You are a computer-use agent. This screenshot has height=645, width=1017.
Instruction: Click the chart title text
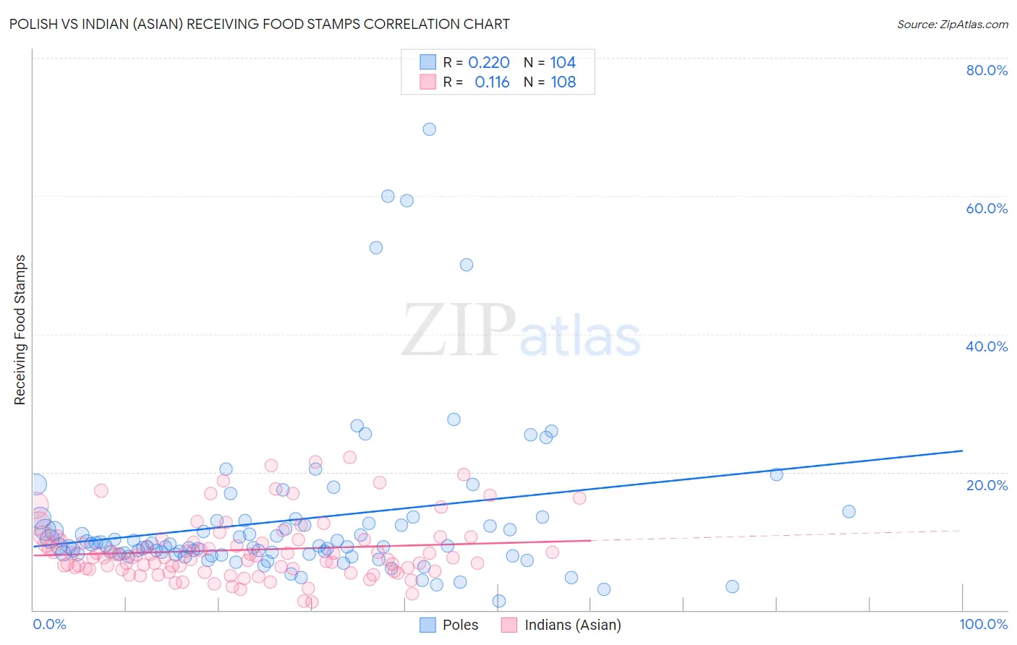point(259,24)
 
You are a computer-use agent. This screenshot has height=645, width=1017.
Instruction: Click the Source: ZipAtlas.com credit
point(952,24)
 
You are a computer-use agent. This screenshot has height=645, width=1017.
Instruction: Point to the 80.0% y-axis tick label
point(987,70)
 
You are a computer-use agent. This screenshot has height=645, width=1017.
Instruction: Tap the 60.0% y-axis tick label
point(987,208)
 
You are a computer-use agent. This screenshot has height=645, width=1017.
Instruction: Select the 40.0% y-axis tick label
point(987,346)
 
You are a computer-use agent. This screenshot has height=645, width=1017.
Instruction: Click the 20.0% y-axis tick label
point(987,484)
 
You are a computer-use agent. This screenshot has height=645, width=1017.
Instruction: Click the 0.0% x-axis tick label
point(49,624)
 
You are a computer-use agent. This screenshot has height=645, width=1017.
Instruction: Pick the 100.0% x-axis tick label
point(983,624)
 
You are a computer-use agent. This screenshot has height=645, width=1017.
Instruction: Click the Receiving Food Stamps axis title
point(20,330)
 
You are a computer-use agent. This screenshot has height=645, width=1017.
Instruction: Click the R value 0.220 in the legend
point(489,63)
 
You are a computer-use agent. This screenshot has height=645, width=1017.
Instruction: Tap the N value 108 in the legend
point(563,82)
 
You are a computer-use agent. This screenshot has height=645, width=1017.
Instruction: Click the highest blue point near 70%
point(429,129)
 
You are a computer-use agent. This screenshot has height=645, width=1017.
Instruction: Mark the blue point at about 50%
point(467,265)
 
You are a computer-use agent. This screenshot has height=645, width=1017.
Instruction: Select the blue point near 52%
point(376,247)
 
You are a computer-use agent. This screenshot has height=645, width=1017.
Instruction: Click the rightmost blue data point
point(849,511)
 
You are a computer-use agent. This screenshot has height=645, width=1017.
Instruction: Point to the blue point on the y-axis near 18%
point(36,484)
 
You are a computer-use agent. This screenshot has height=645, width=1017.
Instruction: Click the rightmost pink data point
point(579,497)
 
